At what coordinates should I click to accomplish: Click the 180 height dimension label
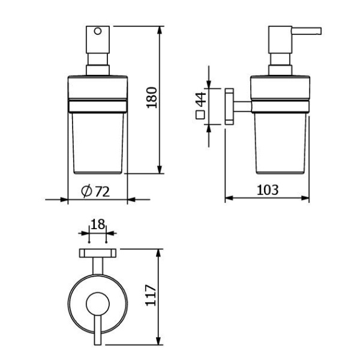152,98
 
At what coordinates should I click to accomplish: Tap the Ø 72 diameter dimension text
95,191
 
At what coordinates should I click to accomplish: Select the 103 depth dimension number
268,190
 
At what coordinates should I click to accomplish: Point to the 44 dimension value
202,99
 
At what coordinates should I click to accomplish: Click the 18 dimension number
98,224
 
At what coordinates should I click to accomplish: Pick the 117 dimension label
151,295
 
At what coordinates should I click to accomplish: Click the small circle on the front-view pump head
98,31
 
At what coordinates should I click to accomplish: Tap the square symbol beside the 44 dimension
200,115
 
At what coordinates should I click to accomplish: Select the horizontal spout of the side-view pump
306,31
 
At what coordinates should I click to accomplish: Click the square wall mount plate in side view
229,107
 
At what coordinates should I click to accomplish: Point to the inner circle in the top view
98,304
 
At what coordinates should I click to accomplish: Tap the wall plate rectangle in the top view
98,253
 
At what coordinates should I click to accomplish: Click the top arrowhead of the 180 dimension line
160,31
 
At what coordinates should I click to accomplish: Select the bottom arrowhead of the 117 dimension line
158,340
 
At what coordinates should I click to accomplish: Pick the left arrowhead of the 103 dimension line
229,198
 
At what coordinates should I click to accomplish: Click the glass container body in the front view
98,143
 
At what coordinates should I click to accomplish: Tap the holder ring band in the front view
98,106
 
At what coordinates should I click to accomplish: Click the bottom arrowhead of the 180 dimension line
160,169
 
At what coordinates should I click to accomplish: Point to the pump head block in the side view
280,40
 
